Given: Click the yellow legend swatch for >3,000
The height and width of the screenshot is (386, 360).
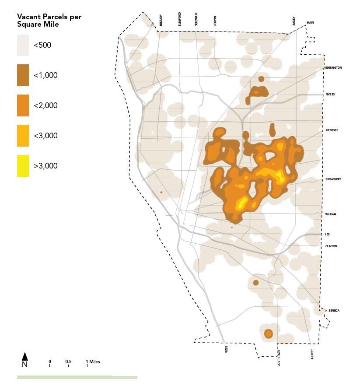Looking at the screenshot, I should point(23,166).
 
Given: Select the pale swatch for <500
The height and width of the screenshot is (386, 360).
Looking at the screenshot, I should point(23,45).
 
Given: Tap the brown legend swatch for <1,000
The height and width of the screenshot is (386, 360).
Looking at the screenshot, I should point(23,75).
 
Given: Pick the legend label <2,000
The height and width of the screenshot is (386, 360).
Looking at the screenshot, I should point(45,105).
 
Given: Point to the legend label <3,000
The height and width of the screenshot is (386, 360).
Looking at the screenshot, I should point(45,136).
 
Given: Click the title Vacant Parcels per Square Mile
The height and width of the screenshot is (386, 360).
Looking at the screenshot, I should point(49,21).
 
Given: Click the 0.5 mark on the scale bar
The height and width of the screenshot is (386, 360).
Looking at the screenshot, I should point(68,362).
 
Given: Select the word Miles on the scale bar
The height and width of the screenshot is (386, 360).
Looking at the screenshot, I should point(94,362).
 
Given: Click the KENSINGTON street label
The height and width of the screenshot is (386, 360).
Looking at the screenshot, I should point(333,68).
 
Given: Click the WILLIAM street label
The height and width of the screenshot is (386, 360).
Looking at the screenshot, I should point(331,214).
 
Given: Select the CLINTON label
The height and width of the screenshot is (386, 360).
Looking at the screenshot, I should point(331,246).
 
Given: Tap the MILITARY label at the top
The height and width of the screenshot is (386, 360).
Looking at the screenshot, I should point(161,21).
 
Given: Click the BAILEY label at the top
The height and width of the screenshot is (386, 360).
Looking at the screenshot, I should point(294,21).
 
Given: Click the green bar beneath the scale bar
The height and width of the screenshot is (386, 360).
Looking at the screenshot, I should point(77,377).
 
